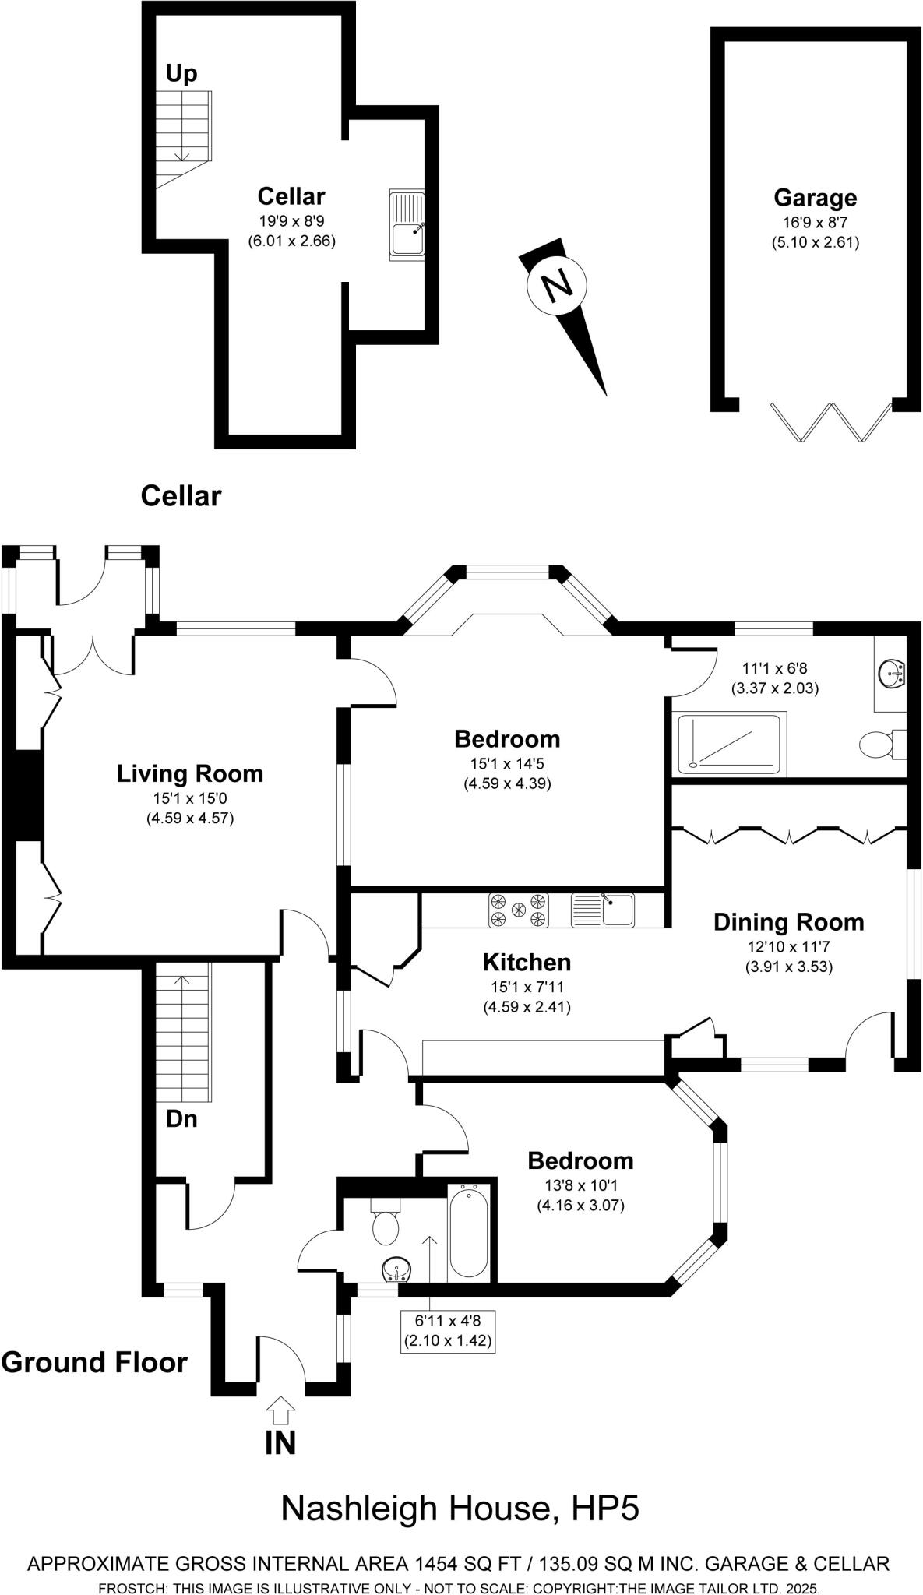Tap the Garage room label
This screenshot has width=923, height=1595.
(815, 198)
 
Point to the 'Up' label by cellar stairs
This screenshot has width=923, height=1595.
(181, 74)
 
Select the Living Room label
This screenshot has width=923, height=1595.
(190, 773)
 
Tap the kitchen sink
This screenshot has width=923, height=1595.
(603, 910)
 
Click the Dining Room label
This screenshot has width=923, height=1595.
(789, 922)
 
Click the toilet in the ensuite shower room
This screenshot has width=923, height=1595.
(883, 744)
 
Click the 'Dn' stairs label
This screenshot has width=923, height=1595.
(181, 1119)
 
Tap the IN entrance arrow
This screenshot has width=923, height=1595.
(281, 1408)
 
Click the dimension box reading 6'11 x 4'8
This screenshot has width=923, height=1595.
(448, 1331)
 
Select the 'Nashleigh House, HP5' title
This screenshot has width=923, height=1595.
(460, 1509)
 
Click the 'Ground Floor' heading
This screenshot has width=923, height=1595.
(94, 1363)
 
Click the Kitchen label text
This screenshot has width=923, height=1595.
(527, 963)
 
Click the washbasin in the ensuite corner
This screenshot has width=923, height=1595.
(891, 672)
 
